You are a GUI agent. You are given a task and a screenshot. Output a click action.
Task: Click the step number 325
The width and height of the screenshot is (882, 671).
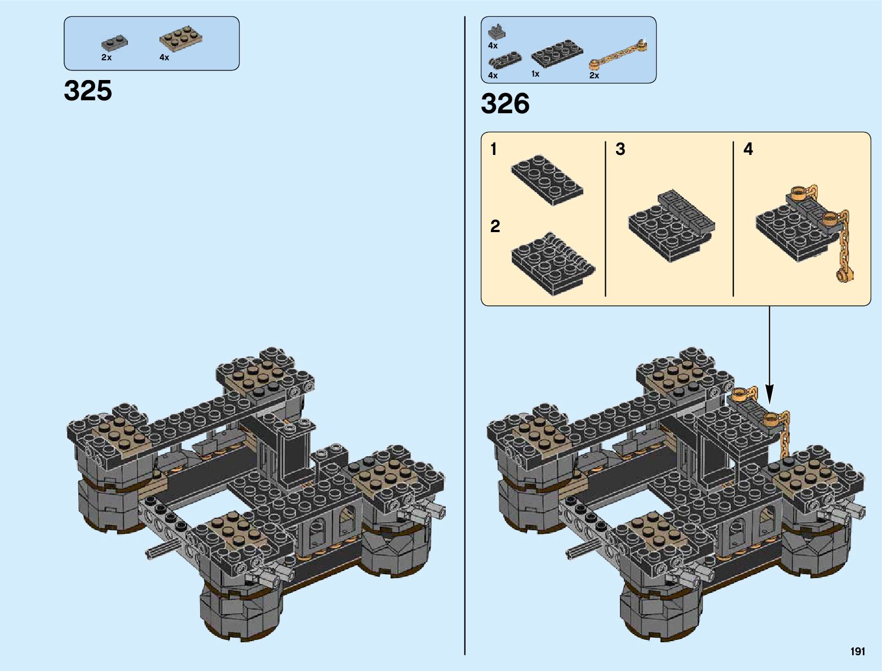[87, 90]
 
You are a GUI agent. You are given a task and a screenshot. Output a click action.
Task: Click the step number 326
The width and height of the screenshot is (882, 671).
[505, 104]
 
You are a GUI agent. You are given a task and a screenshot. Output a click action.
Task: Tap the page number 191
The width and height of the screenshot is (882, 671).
[858, 651]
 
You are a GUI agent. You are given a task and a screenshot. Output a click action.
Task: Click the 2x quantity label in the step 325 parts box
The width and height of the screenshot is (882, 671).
[107, 57]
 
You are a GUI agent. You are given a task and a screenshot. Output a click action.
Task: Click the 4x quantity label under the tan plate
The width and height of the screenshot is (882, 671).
[165, 57]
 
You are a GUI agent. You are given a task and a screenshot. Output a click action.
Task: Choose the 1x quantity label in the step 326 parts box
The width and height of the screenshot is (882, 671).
[535, 74]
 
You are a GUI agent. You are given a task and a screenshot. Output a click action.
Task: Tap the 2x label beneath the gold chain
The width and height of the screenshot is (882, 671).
[595, 75]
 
